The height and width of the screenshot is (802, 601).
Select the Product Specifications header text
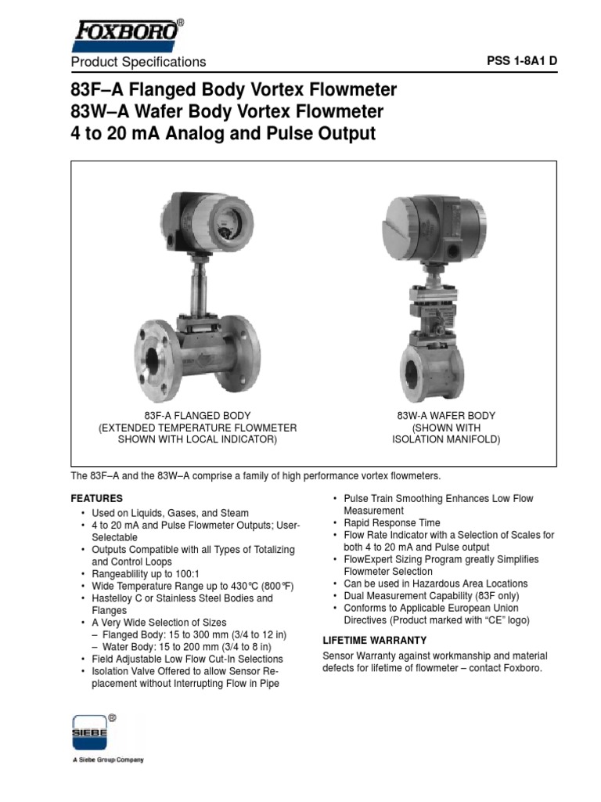(139, 62)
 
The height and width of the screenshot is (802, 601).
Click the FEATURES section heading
(96, 498)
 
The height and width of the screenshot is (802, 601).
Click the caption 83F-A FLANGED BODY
(197, 415)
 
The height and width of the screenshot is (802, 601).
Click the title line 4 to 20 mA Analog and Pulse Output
(223, 134)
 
